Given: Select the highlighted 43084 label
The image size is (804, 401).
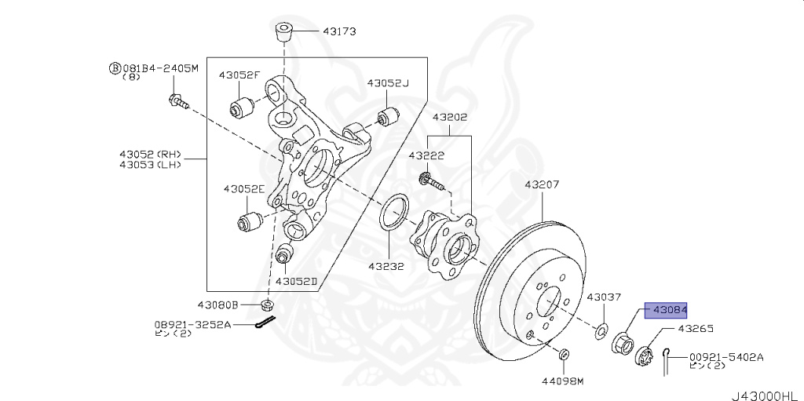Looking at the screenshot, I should (x=666, y=310).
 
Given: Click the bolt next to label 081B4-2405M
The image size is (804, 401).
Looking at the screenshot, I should (x=177, y=101).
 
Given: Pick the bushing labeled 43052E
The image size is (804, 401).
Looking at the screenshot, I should (x=250, y=219).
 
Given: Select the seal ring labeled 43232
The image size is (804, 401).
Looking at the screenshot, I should (x=394, y=214).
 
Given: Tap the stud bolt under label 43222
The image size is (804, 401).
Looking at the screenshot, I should (x=431, y=182).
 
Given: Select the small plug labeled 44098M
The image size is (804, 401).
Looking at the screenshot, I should (x=565, y=357).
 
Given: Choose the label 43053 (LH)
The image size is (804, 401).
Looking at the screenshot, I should (x=150, y=165).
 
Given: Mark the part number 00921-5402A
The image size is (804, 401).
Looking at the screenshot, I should (x=725, y=356).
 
